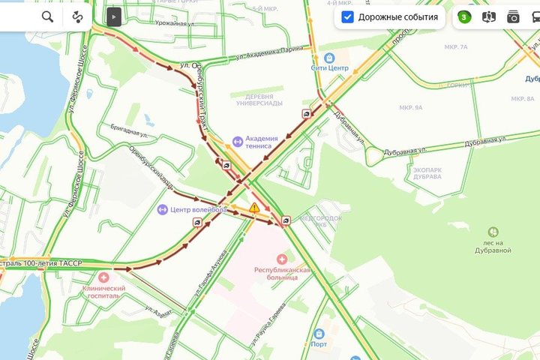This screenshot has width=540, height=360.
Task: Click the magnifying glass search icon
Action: click(x=47, y=16)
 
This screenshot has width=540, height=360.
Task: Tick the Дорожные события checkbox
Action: click(x=347, y=16)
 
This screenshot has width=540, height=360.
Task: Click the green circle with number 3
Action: click(x=464, y=16)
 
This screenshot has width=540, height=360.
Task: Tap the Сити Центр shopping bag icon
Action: click(x=328, y=58)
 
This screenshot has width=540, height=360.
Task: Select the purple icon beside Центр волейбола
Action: click(x=162, y=209)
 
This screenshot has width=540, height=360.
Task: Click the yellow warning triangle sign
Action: click(x=255, y=208)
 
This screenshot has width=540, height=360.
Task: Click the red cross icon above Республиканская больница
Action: click(x=281, y=257)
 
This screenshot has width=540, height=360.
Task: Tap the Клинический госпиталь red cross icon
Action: click(x=103, y=277)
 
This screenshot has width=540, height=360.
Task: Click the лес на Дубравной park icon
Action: click(x=493, y=232)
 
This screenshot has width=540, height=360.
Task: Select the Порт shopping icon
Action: click(x=319, y=333)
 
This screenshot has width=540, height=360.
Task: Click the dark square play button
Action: click(x=113, y=16)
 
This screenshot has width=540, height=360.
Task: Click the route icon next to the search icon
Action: click(x=77, y=16)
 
